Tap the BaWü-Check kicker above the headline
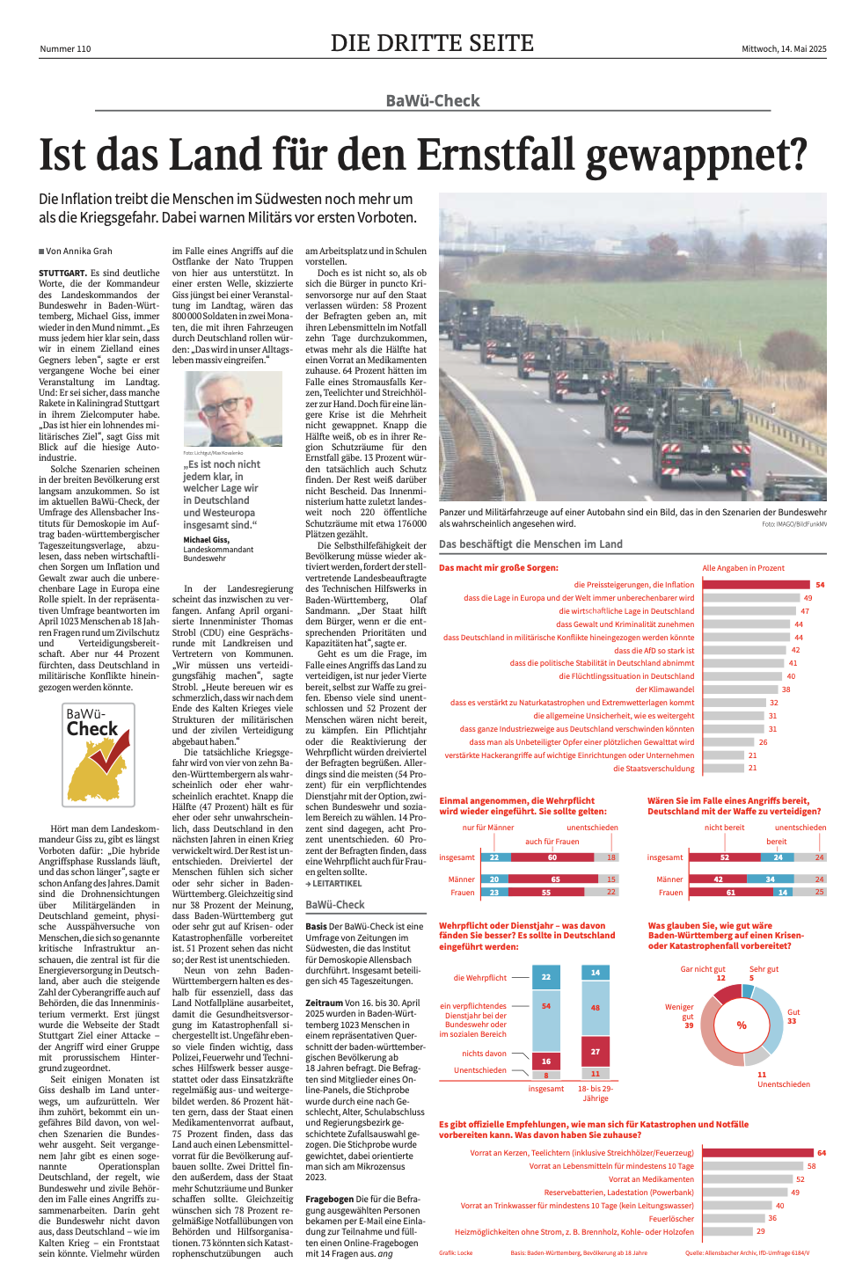(x=433, y=101)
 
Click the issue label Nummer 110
(x=65, y=49)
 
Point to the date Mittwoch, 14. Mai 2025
(x=784, y=49)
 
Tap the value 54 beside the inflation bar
(x=820, y=585)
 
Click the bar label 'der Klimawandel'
(x=664, y=689)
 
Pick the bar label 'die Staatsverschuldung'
(x=654, y=769)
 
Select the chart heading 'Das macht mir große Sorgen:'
(x=498, y=568)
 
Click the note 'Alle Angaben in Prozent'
(x=743, y=568)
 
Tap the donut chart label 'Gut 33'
(x=793, y=1017)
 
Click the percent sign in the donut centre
(x=742, y=1025)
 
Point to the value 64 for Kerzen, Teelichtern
(x=822, y=1153)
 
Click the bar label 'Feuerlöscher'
(x=671, y=1219)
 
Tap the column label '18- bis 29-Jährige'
(x=596, y=1093)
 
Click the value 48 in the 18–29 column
(x=596, y=1008)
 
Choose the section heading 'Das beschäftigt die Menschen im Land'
(x=530, y=544)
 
